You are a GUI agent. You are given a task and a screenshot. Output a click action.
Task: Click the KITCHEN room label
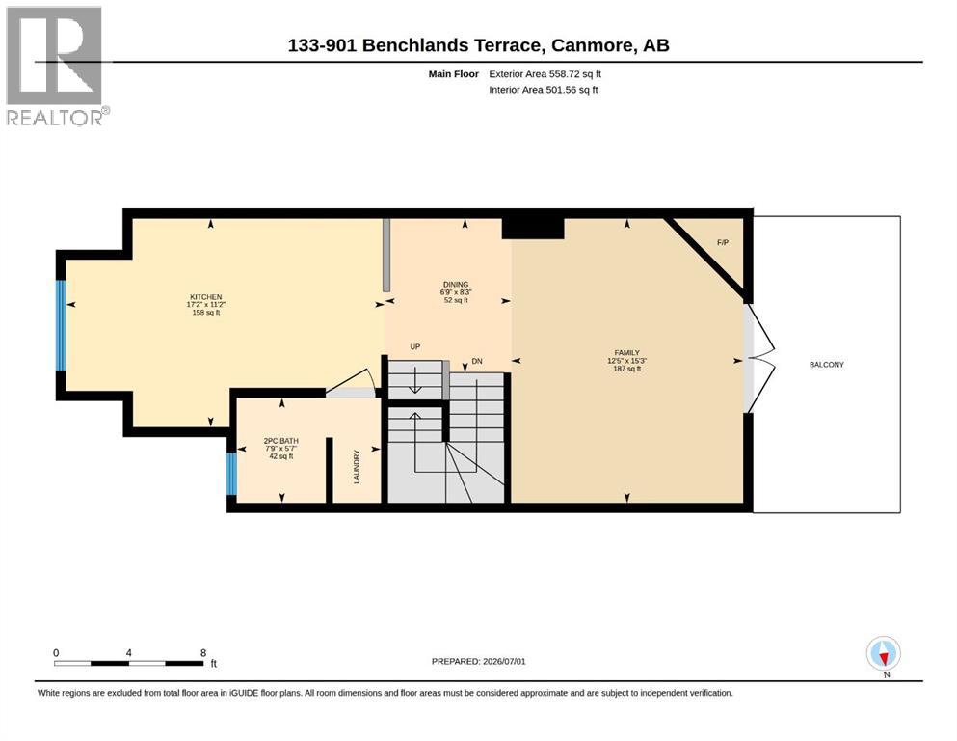(205, 297)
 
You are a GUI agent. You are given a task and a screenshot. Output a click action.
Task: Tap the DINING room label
(456, 285)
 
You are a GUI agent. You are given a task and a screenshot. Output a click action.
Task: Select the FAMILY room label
(626, 353)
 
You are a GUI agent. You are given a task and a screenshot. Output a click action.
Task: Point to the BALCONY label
(826, 365)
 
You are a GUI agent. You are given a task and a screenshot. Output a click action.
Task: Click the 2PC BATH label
(280, 441)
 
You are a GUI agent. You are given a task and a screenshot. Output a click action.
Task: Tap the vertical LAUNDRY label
(357, 467)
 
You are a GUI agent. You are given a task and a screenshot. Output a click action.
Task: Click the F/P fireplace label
(723, 242)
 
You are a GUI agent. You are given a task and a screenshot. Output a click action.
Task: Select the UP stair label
(415, 347)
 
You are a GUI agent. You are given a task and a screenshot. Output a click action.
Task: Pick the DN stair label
(477, 362)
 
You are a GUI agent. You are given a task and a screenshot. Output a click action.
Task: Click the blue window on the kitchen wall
(61, 325)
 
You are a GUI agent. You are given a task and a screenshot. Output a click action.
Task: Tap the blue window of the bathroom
(231, 474)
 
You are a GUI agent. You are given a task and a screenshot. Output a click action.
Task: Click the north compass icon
(883, 653)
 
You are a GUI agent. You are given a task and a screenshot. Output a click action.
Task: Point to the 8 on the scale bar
(203, 653)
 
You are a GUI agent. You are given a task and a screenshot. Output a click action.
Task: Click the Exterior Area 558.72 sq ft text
(545, 74)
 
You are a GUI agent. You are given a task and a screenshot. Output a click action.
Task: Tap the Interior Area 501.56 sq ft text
(544, 90)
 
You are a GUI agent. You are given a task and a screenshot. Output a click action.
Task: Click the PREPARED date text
(478, 662)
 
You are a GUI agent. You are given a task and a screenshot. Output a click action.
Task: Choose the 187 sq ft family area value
(626, 369)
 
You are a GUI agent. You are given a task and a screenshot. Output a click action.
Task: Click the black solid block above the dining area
(533, 229)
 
